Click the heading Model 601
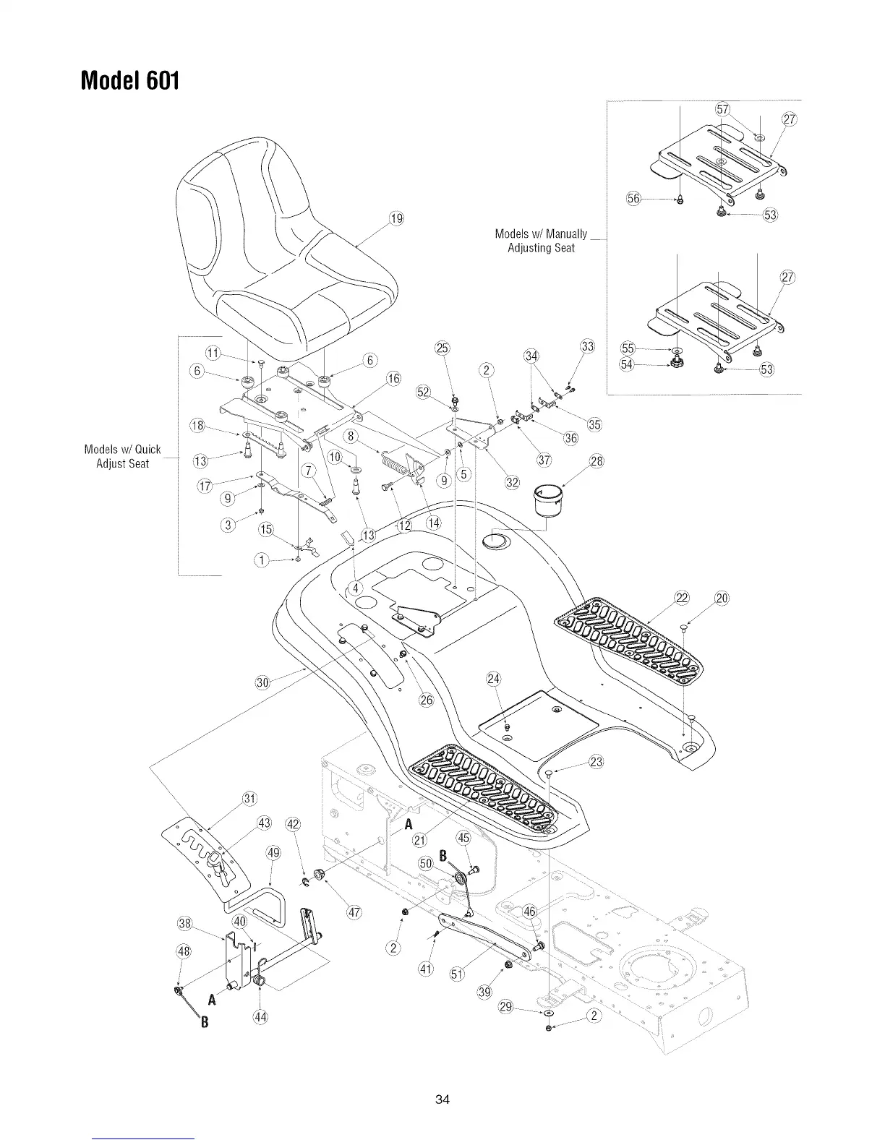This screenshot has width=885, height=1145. [129, 79]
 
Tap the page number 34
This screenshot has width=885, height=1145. [442, 1099]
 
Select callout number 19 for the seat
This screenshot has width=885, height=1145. [396, 220]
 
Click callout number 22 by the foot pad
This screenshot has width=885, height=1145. [681, 597]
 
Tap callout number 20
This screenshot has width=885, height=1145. [722, 597]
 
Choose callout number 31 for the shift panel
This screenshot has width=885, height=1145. [249, 799]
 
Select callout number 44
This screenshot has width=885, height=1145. [259, 1018]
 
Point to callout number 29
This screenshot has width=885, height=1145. [506, 1007]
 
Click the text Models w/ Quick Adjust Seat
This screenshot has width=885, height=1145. [122, 456]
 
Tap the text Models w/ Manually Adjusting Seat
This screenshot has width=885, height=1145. [541, 241]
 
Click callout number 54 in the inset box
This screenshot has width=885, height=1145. [628, 364]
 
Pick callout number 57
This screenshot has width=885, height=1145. [721, 109]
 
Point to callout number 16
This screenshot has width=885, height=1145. [393, 378]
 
